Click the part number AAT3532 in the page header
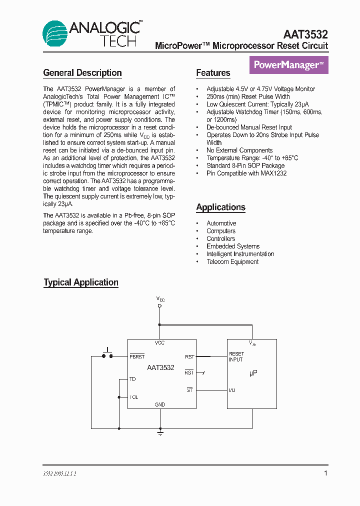(x=305, y=34)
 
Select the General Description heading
(x=82, y=73)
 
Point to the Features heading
(x=213, y=73)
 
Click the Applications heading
(x=220, y=207)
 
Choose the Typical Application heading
(x=81, y=282)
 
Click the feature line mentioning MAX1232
(x=246, y=173)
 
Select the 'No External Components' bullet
(x=239, y=150)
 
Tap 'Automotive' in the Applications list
(x=221, y=223)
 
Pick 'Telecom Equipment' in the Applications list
(x=232, y=262)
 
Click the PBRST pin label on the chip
(x=137, y=356)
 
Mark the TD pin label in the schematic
(x=132, y=379)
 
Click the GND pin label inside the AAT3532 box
(x=160, y=404)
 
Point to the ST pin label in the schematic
(x=189, y=390)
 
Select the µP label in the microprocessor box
(x=253, y=373)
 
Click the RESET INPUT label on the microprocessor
(x=236, y=357)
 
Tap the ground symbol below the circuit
(x=160, y=433)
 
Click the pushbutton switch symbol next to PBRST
(x=107, y=353)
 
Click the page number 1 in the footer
(x=326, y=473)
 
